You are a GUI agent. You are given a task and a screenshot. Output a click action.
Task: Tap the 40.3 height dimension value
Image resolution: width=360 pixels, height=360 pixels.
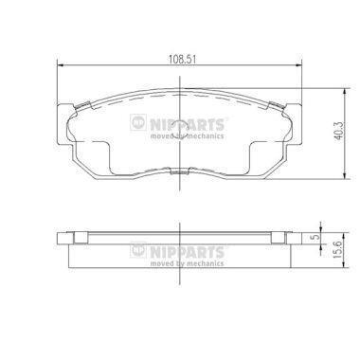point(338,132)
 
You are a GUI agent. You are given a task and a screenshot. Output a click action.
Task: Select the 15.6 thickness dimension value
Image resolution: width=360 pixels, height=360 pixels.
point(338,249)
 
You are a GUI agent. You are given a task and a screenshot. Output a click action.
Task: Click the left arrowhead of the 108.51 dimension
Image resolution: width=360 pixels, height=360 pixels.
point(61,65)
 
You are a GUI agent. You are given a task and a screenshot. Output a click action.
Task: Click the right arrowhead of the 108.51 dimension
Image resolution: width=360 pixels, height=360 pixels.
point(298,65)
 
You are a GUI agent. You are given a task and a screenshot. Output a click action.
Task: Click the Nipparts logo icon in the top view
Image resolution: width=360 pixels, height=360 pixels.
point(138,122)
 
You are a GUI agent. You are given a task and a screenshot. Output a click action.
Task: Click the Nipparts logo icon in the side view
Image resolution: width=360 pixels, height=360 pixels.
point(138,250)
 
